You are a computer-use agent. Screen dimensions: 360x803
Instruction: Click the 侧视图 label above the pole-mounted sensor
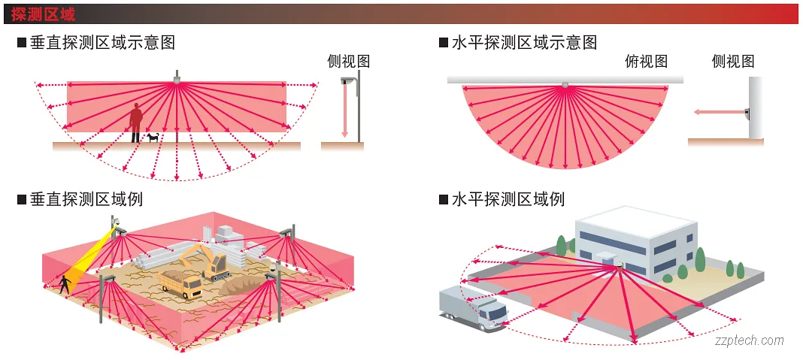[349, 62]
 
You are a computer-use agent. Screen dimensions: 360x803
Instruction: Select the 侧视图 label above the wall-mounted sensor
[732, 62]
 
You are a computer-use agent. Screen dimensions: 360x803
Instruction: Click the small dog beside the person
[153, 138]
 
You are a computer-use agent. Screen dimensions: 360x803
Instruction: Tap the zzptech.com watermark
[749, 340]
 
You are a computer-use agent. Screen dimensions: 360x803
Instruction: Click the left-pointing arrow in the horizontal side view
[714, 112]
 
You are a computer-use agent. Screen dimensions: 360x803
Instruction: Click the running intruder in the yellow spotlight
[66, 283]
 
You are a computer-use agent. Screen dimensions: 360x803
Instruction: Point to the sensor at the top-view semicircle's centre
[565, 85]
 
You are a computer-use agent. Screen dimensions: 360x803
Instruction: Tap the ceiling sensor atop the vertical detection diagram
[177, 77]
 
